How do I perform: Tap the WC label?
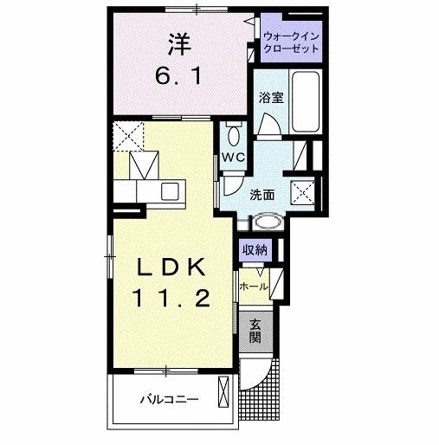coord(231,158)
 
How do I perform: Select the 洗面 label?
coord(263,195)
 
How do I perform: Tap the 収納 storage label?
coord(255,249)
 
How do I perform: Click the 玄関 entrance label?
coord(255,332)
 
